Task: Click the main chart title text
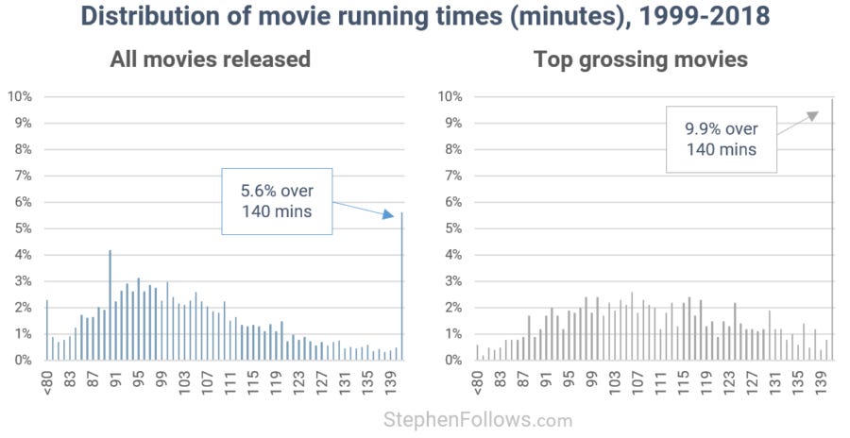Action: coord(425,18)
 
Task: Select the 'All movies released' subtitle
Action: coord(210,59)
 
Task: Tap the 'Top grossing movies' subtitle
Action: coord(640,59)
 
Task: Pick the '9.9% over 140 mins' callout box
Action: coord(721,139)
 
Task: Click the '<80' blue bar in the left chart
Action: coord(47,330)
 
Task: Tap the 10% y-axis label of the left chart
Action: coord(20,96)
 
